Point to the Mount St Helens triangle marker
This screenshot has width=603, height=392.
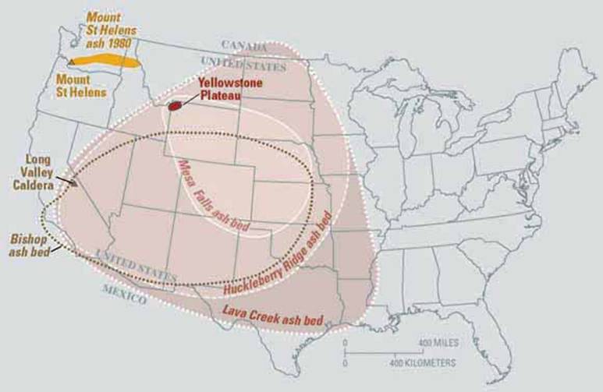tap(72, 61)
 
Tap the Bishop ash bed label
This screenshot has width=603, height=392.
tap(28, 243)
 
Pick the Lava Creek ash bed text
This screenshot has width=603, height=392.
tap(271, 311)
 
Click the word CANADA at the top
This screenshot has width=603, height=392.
tap(244, 44)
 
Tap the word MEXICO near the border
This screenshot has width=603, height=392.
tap(124, 292)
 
